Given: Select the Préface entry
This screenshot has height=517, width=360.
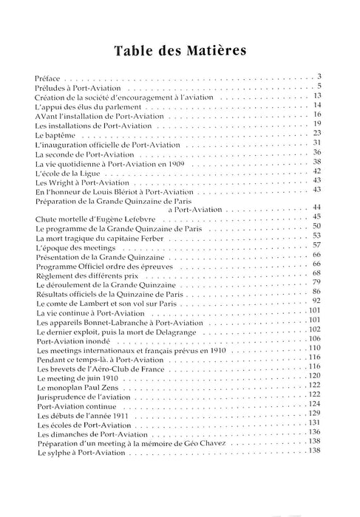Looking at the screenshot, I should click(x=48, y=77).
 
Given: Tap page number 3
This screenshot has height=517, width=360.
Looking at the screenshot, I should click(x=320, y=76).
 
